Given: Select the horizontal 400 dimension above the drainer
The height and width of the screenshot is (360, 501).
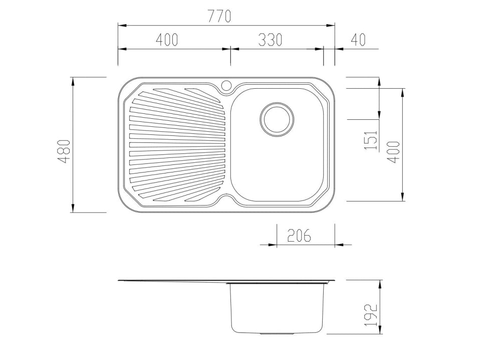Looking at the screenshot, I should (167, 40).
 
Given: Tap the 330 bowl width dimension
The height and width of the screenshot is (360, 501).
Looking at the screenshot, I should (270, 40).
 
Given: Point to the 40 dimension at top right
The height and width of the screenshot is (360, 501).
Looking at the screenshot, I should (358, 40).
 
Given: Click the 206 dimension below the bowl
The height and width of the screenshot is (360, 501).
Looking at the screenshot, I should (299, 235).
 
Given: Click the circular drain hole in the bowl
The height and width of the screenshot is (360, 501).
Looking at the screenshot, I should (277, 119).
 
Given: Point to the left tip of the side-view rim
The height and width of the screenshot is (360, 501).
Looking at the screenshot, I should (119, 280).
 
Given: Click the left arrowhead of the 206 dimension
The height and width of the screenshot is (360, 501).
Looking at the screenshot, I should (273, 245).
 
